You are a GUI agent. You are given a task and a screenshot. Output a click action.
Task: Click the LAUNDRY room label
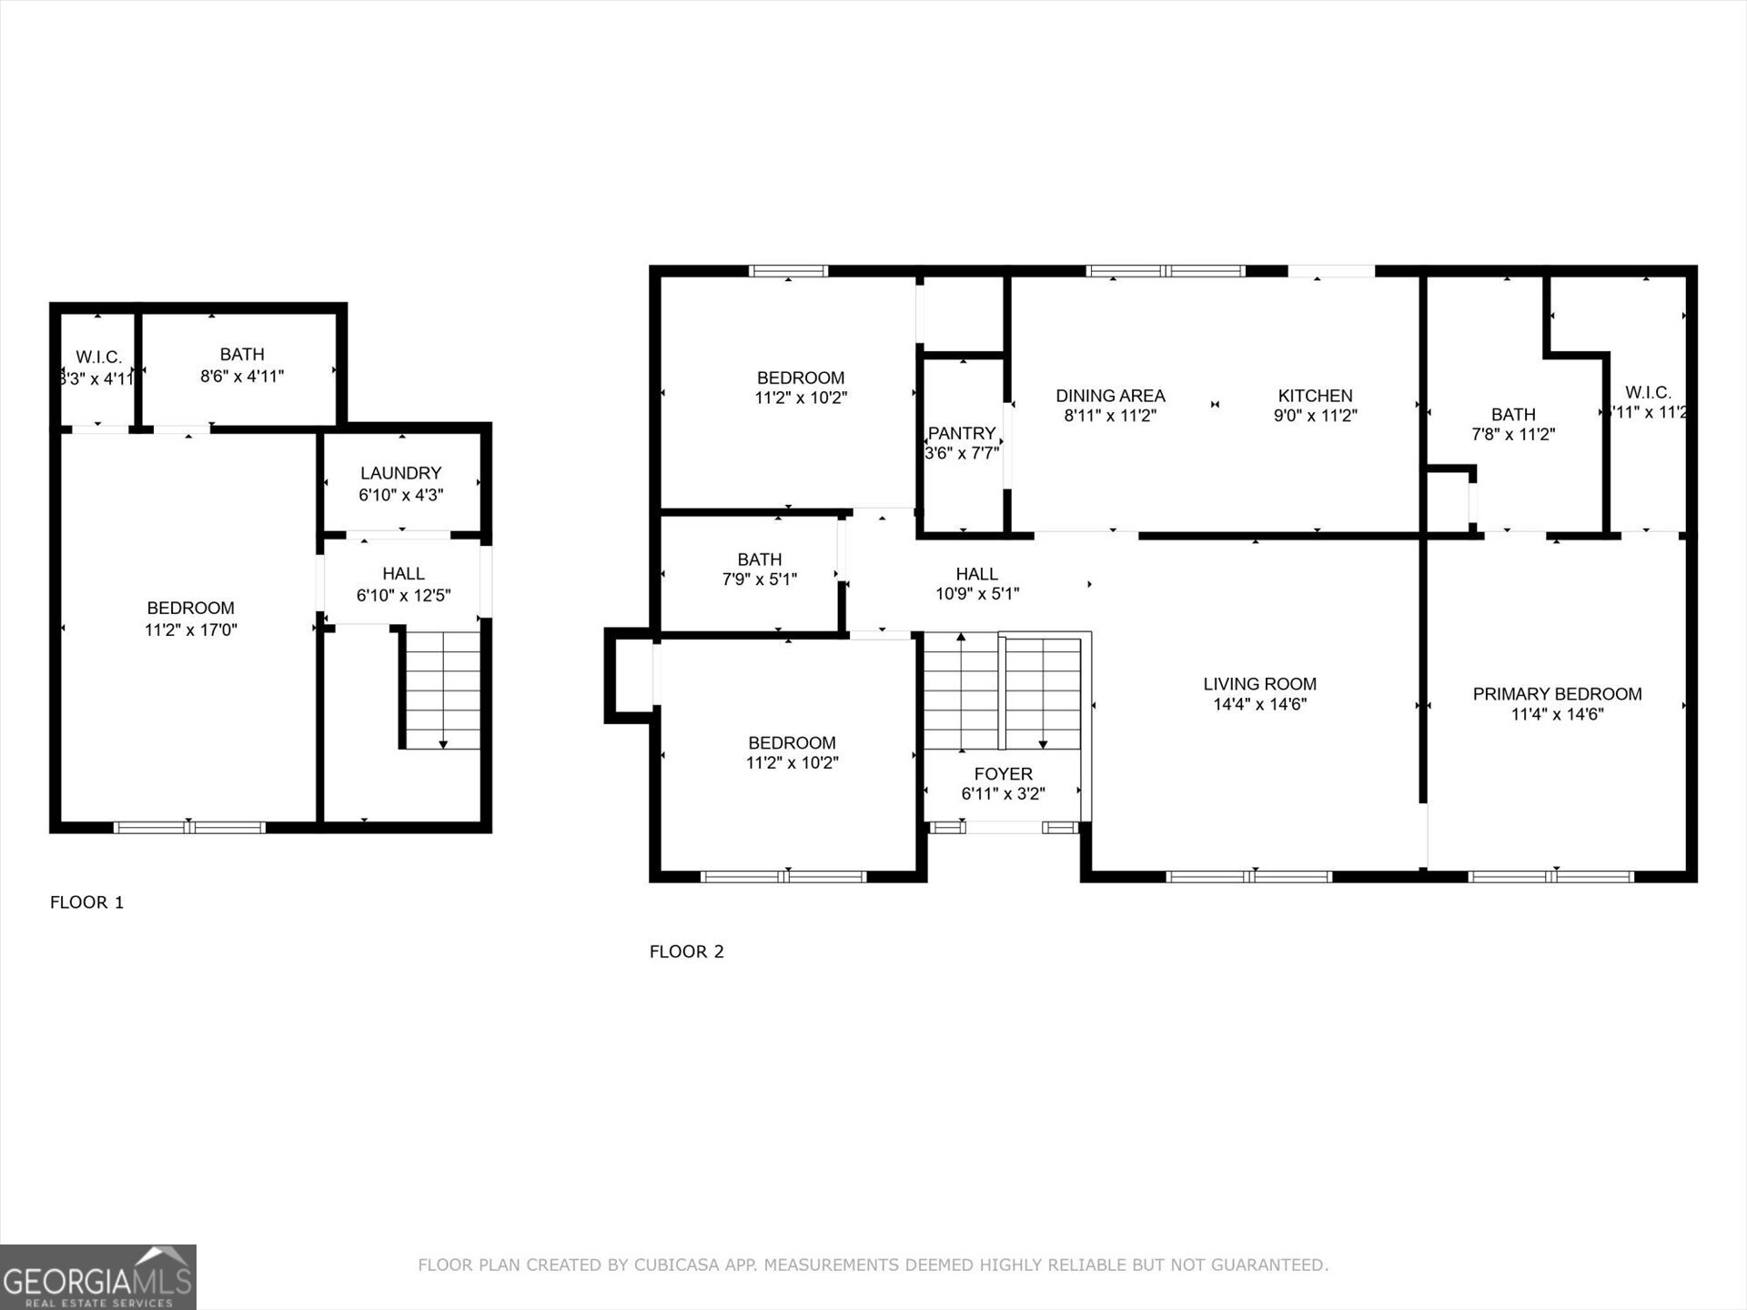tap(400, 473)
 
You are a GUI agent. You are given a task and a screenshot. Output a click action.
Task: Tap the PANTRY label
tap(962, 434)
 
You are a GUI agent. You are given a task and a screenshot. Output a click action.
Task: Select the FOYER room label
tap(1003, 774)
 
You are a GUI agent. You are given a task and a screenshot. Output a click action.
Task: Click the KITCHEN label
tap(1315, 396)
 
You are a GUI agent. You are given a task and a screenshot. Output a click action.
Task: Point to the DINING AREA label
tap(1110, 396)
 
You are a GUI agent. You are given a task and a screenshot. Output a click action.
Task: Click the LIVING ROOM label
tap(1259, 684)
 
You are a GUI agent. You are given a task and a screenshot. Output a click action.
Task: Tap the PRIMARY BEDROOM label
tap(1557, 694)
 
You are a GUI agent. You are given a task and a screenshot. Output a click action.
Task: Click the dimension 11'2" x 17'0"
tap(190, 630)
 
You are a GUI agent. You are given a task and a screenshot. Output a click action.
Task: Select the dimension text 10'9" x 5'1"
tap(977, 594)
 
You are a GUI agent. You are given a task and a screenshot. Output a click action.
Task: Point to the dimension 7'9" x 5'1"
tap(759, 579)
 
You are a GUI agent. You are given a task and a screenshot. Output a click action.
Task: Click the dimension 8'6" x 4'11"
tap(242, 376)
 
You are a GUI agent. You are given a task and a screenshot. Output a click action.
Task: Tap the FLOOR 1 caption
tap(86, 902)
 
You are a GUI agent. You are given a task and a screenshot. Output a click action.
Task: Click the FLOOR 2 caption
tap(686, 952)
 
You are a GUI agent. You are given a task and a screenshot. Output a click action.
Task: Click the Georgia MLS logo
tap(97, 1277)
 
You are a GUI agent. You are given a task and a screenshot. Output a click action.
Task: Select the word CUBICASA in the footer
tap(676, 1265)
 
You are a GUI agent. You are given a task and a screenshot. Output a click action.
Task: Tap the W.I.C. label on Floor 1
tap(98, 358)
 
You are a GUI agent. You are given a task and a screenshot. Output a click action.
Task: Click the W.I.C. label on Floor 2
tap(1648, 393)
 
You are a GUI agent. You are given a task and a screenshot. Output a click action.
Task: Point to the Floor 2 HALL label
tap(976, 574)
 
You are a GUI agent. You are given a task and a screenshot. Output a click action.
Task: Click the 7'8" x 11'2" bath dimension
tap(1513, 435)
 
